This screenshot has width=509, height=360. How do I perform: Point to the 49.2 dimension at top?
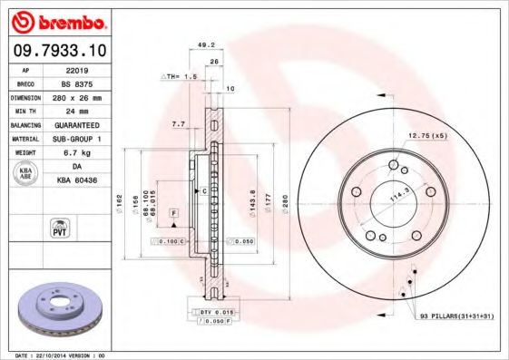pos(205,44)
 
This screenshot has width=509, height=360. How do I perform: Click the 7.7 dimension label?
pos(177,122)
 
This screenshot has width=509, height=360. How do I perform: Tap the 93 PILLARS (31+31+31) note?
pos(458,315)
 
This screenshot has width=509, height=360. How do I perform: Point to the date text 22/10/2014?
pos(57,355)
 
